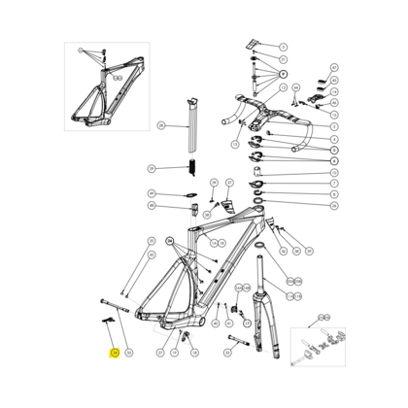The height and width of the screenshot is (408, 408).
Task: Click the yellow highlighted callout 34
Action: (x=114, y=354)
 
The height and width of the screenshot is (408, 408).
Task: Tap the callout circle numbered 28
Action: (x=160, y=125)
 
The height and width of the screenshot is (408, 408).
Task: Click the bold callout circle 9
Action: (x=284, y=74)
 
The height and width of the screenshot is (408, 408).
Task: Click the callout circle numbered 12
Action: (x=235, y=145)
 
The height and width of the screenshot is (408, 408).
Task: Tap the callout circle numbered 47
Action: (x=333, y=68)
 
